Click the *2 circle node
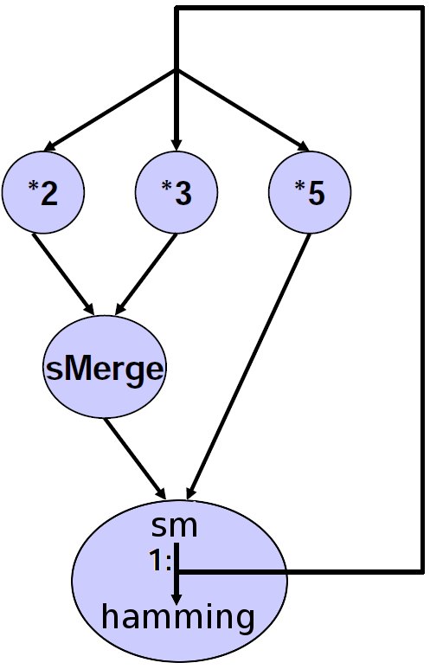43,193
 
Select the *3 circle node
176,193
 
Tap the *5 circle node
310,193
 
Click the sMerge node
105,368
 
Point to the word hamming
178,618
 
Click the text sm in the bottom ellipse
175,527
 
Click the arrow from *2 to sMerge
63,274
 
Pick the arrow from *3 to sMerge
147,274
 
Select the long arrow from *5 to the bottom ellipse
249,366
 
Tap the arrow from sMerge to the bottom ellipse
135,459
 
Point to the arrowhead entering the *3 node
176,145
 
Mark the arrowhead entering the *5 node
304,146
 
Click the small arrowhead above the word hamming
176,596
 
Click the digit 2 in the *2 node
49,193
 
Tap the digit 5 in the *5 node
316,193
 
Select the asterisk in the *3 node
166,186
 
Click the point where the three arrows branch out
176,70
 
